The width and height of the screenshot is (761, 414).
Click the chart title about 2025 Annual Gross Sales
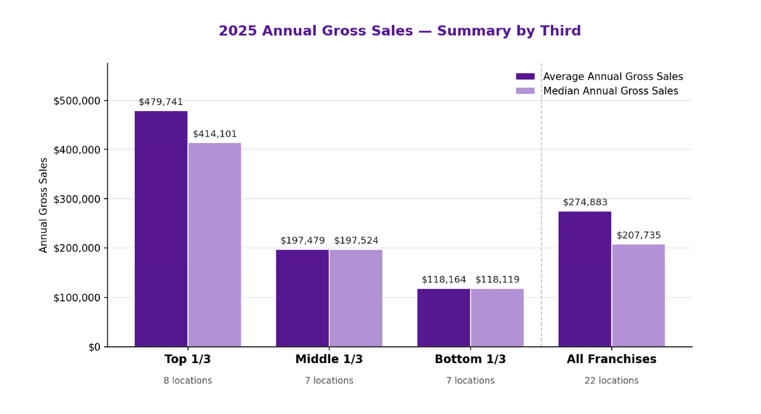click(x=400, y=31)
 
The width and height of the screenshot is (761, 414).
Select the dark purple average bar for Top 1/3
click(x=161, y=229)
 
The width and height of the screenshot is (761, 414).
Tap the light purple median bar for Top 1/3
click(x=214, y=245)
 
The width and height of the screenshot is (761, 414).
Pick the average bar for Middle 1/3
click(x=302, y=298)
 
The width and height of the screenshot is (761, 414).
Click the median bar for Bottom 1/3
click(x=497, y=318)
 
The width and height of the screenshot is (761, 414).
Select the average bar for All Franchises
click(x=585, y=279)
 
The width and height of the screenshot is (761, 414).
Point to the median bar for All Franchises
click(x=638, y=296)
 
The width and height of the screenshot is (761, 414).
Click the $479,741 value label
click(x=161, y=102)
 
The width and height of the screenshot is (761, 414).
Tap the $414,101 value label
click(x=214, y=134)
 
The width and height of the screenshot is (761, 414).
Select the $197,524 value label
click(x=356, y=241)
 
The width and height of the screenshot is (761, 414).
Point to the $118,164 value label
click(x=444, y=280)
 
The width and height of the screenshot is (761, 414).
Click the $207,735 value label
click(x=639, y=235)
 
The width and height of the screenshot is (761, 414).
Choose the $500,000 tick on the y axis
click(x=77, y=101)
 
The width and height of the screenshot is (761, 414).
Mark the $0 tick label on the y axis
click(x=95, y=347)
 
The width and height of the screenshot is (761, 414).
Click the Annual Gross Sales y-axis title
click(x=43, y=205)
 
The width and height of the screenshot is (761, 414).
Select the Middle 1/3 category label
click(x=329, y=359)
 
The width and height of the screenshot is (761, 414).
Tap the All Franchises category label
click(x=611, y=359)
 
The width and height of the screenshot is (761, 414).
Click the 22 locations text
click(x=611, y=380)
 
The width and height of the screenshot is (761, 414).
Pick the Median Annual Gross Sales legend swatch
click(x=525, y=91)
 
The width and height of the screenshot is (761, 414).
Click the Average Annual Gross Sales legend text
click(x=613, y=76)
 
